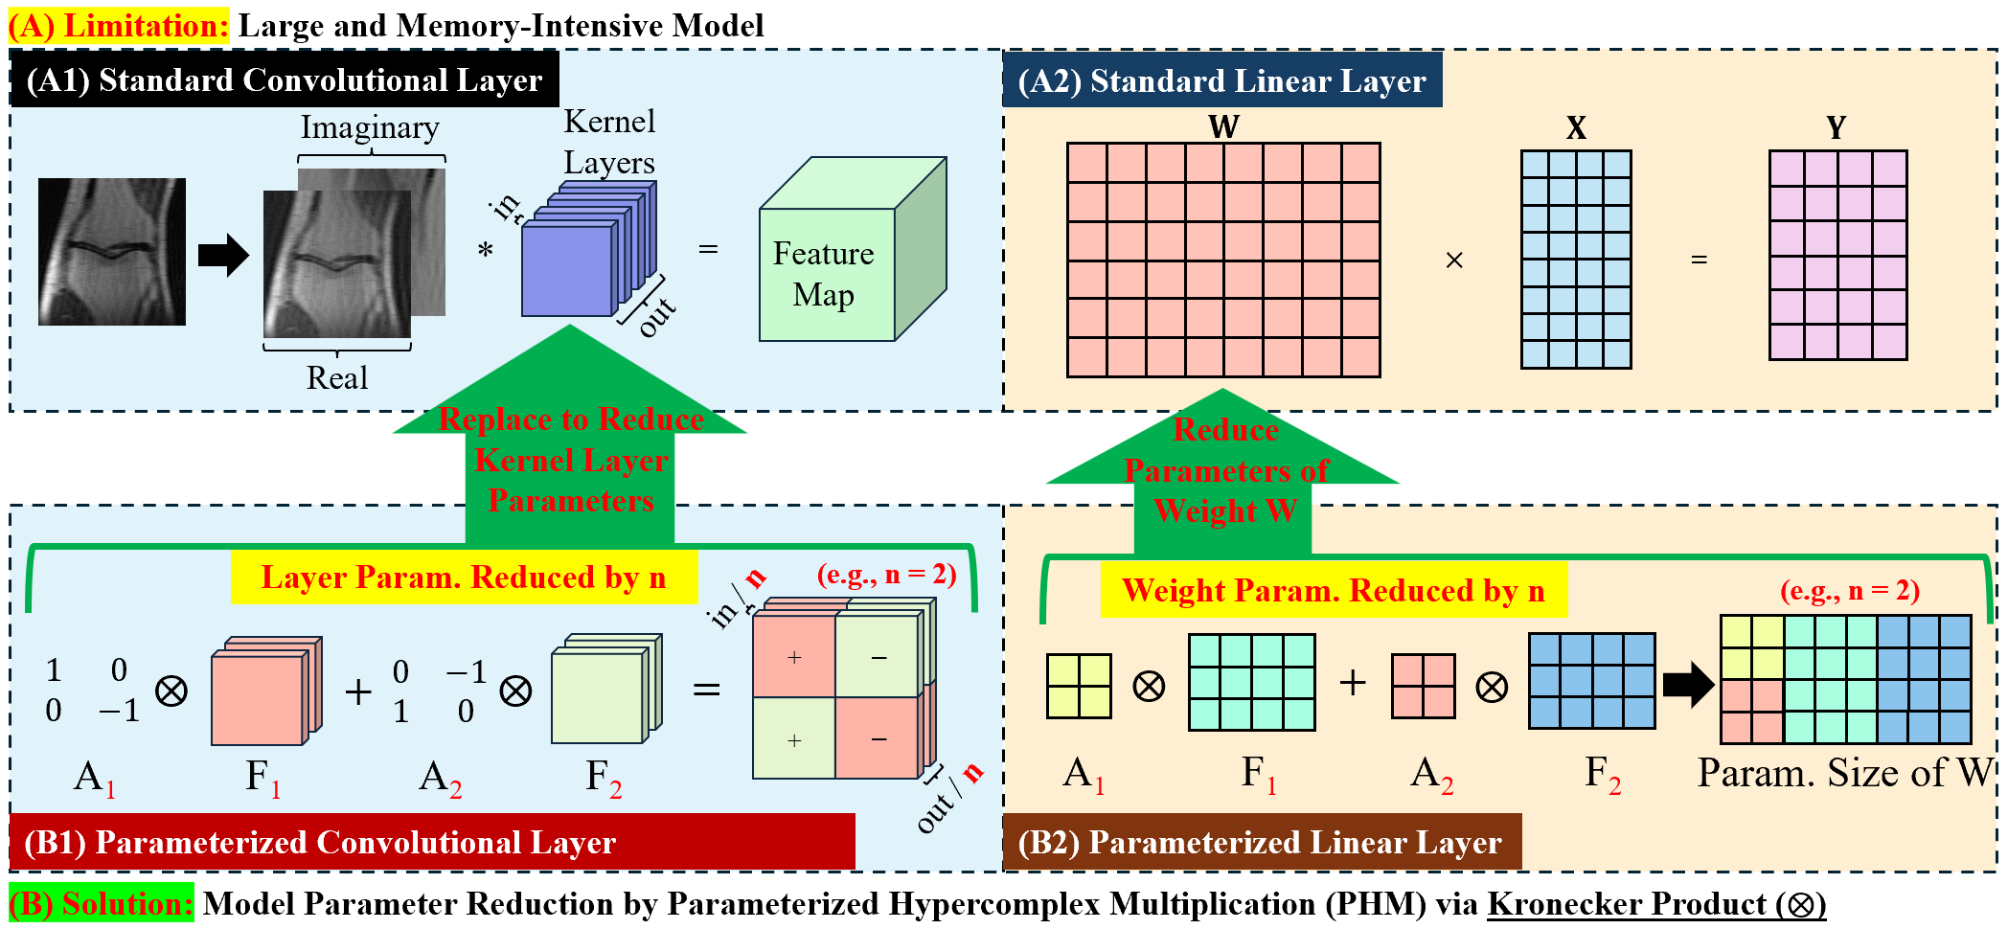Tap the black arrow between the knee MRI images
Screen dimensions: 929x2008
[223, 255]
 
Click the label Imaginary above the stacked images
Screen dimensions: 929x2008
[370, 127]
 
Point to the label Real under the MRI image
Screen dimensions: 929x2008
[336, 377]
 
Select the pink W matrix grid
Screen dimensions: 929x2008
[1223, 260]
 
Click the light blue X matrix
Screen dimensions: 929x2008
[1576, 259]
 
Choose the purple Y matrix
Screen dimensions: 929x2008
[1837, 255]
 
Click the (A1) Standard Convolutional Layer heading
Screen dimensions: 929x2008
[284, 80]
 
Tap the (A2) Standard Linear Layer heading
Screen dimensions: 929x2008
[1221, 81]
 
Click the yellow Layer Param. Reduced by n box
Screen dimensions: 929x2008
[464, 578]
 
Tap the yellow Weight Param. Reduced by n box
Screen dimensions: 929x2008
[1333, 591]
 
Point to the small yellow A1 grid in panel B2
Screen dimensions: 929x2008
[1079, 686]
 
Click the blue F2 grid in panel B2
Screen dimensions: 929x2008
[1591, 681]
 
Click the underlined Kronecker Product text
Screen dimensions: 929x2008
[1655, 904]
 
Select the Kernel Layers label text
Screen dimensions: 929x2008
[609, 142]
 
